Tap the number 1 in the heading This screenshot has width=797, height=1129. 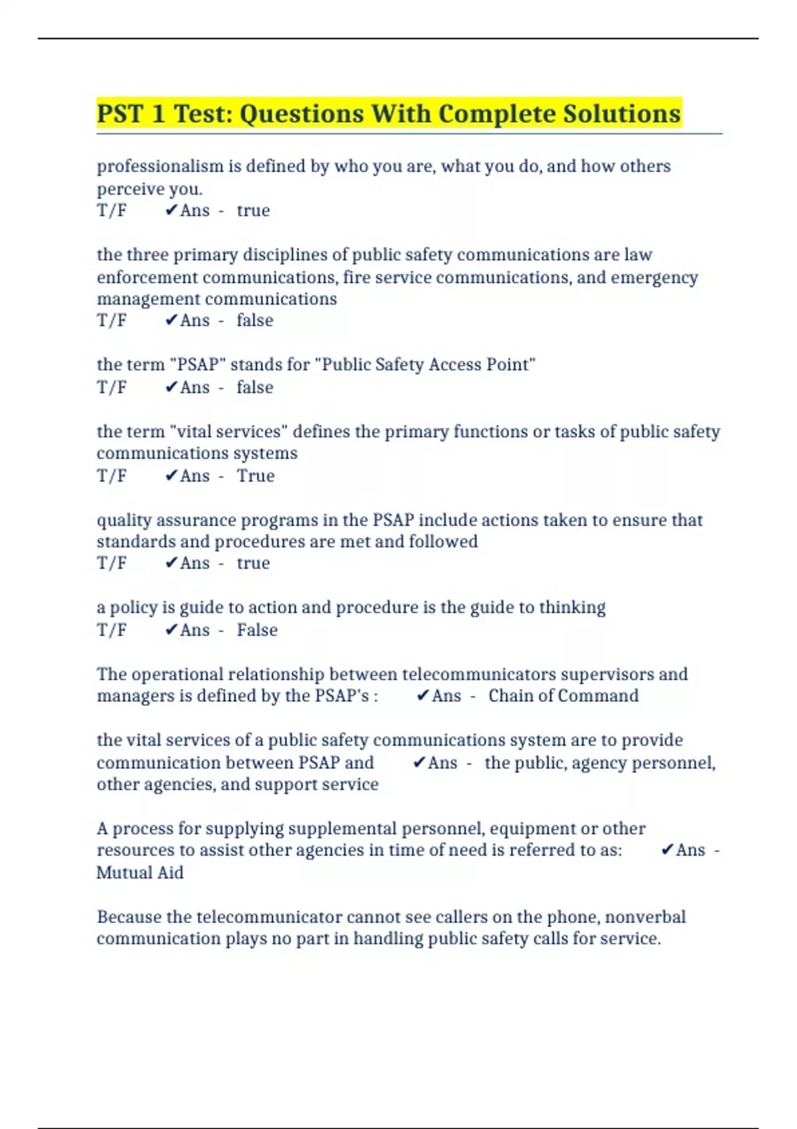point(157,114)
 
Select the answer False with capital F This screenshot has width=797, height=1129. point(257,630)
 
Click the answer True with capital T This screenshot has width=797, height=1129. point(256,476)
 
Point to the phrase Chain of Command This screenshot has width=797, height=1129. point(563,695)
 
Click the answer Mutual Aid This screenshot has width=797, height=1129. point(139,872)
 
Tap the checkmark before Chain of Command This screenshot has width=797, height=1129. point(422,695)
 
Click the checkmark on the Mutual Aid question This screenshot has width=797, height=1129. point(667,850)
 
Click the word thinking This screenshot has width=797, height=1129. point(572,607)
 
